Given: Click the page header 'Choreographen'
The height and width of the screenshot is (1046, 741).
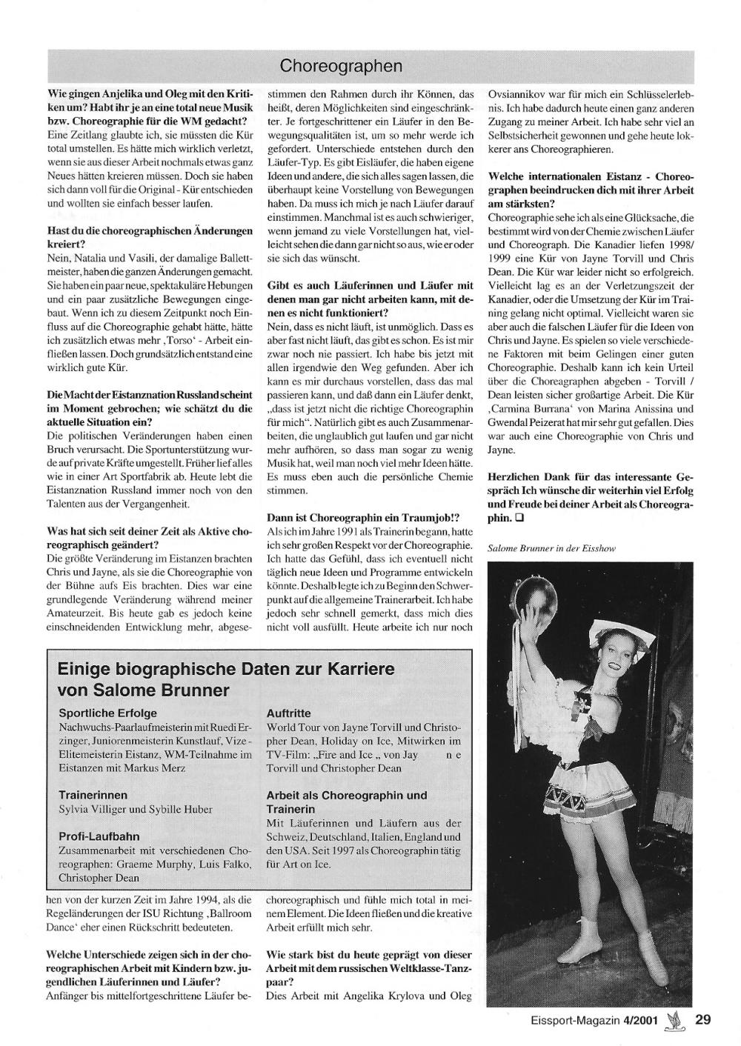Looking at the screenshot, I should pyautogui.click(x=341, y=67).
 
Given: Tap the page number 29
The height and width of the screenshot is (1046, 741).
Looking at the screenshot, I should pyautogui.click(x=703, y=1019).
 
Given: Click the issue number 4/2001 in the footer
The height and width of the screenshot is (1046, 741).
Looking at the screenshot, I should pyautogui.click(x=641, y=1020).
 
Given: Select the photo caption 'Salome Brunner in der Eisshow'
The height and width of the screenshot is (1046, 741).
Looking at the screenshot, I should pyautogui.click(x=551, y=548).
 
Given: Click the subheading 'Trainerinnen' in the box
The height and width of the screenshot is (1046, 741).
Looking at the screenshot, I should pyautogui.click(x=93, y=795).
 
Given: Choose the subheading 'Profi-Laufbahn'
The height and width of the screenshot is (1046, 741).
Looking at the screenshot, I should pyautogui.click(x=99, y=836).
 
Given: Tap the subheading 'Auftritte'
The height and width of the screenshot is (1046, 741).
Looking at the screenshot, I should pyautogui.click(x=288, y=713).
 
